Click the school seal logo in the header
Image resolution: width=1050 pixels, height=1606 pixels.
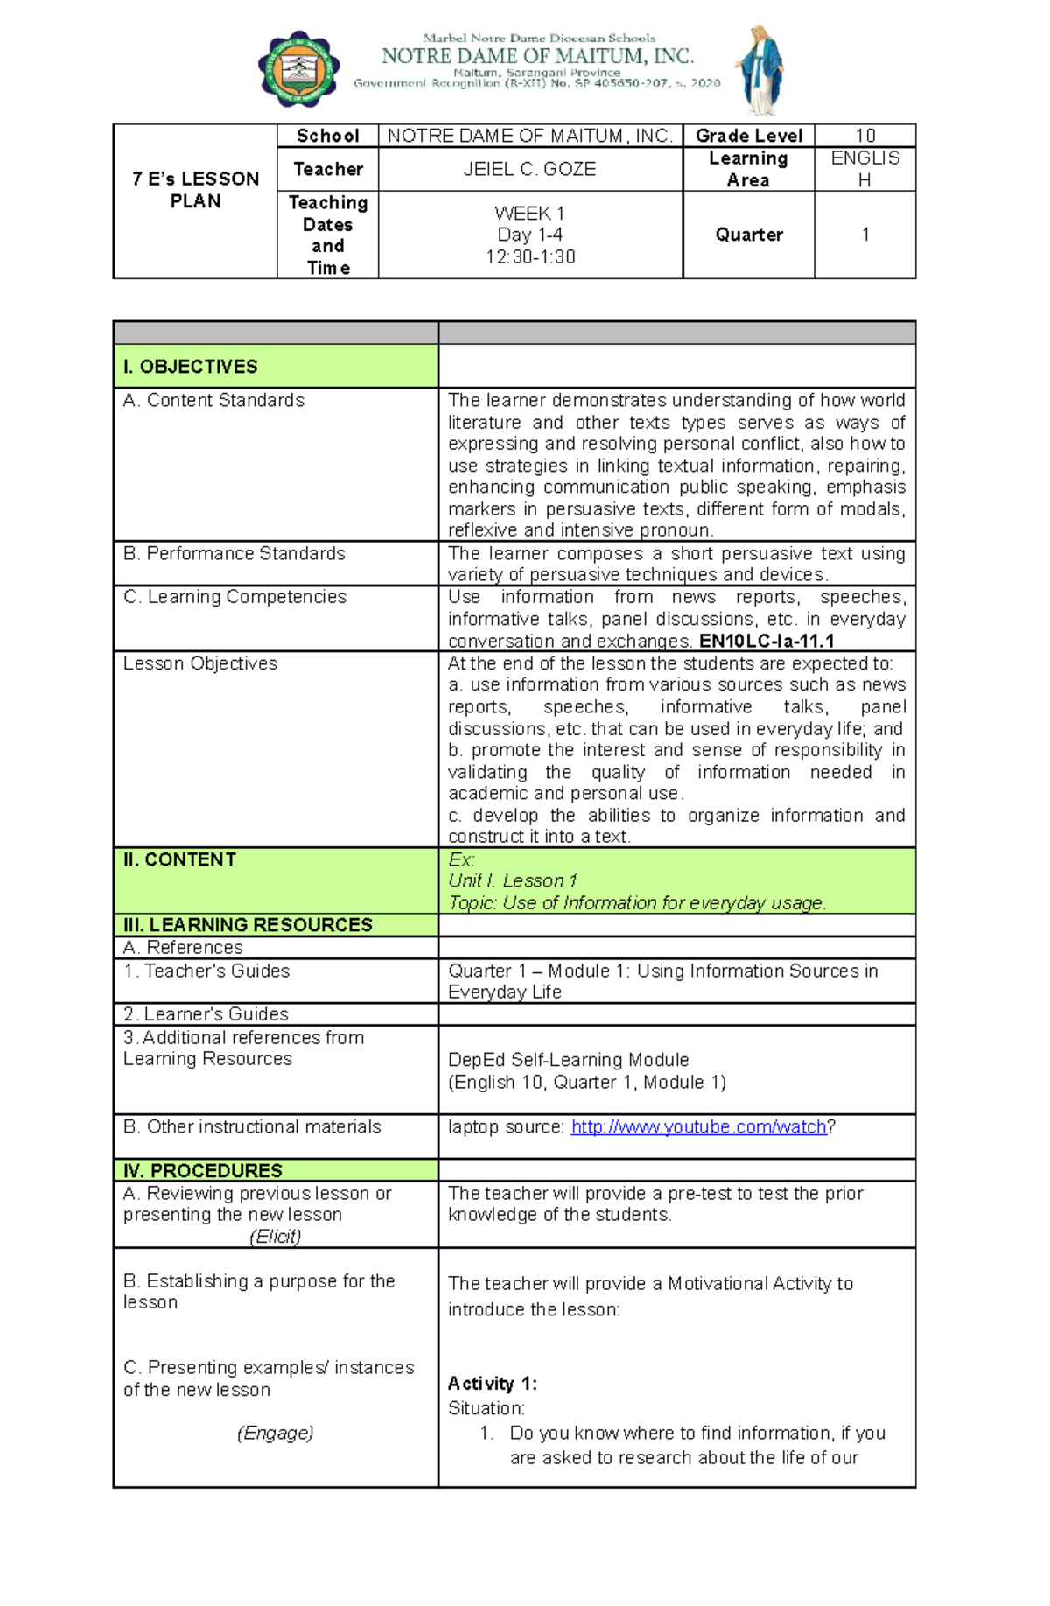[298, 69]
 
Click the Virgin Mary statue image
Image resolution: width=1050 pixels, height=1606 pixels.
[760, 71]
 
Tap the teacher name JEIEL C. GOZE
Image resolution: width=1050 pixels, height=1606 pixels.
[529, 169]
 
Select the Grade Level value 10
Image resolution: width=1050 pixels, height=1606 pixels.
[864, 136]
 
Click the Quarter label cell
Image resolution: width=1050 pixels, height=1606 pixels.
[748, 235]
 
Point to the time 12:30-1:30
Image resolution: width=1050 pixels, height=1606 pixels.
[529, 257]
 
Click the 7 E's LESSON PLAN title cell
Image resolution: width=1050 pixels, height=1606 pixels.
[195, 190]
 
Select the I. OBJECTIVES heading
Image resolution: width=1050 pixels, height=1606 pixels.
[191, 367]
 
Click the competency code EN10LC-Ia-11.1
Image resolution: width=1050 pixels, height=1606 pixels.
[766, 641]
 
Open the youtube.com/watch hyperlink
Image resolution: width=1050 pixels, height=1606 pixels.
[698, 1127]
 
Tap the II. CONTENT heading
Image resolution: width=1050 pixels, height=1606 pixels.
[179, 859]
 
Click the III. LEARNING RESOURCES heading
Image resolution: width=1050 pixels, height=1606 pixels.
[248, 925]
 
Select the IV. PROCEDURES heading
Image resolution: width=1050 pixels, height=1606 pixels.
[202, 1170]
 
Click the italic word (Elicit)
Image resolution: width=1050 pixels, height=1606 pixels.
[275, 1237]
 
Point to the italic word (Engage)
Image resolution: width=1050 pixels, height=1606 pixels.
[275, 1433]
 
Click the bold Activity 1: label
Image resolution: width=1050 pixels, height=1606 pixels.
[492, 1384]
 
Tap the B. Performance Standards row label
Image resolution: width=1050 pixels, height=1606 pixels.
[234, 553]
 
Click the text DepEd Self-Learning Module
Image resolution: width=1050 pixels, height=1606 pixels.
[568, 1060]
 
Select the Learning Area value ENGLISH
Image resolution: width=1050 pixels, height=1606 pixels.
[864, 169]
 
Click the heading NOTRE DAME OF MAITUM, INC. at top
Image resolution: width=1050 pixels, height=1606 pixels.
[537, 56]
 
